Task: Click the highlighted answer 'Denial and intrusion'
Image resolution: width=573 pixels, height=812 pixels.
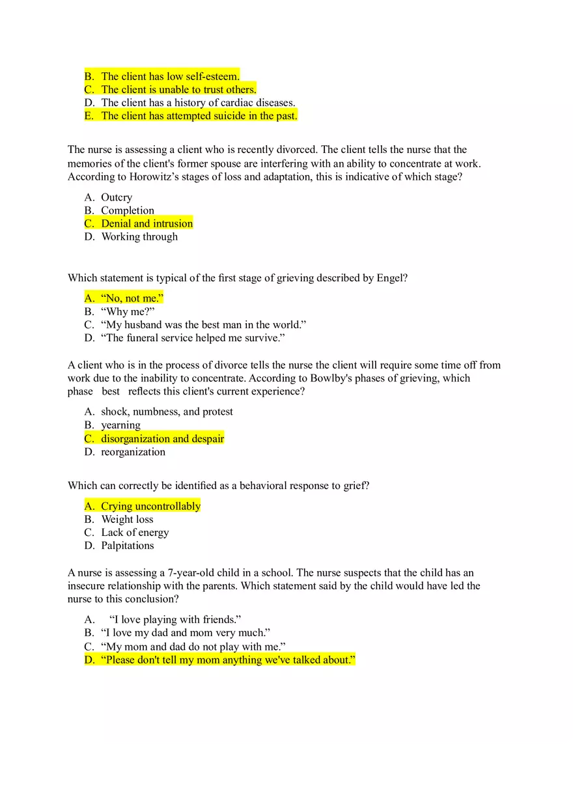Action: pyautogui.click(x=147, y=223)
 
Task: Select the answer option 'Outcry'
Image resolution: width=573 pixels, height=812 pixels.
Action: pyautogui.click(x=117, y=197)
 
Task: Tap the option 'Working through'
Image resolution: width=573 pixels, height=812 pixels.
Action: pyautogui.click(x=139, y=236)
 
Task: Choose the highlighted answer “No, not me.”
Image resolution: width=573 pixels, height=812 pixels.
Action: pyautogui.click(x=132, y=298)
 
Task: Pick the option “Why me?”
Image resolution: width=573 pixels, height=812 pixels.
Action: pyautogui.click(x=128, y=311)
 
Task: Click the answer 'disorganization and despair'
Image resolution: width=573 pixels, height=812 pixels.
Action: pyautogui.click(x=162, y=439)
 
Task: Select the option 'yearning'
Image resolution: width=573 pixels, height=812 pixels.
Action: pyautogui.click(x=120, y=425)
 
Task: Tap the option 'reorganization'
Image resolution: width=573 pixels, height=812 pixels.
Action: pyautogui.click(x=133, y=452)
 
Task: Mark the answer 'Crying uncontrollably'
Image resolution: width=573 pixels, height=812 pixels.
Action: pyautogui.click(x=150, y=506)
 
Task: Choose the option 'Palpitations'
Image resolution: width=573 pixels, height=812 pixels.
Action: pyautogui.click(x=128, y=546)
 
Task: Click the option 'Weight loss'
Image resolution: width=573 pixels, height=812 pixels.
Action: pyautogui.click(x=127, y=520)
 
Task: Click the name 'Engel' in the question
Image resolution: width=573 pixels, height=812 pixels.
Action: pyautogui.click(x=389, y=278)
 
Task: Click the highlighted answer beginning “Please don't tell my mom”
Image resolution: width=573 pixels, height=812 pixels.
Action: pyautogui.click(x=228, y=660)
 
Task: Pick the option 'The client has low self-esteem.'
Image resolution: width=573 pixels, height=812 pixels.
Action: pyautogui.click(x=170, y=76)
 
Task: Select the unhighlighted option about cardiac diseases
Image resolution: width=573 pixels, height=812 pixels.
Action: pyautogui.click(x=198, y=103)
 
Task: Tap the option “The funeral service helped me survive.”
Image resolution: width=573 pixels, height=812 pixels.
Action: pyautogui.click(x=193, y=338)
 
